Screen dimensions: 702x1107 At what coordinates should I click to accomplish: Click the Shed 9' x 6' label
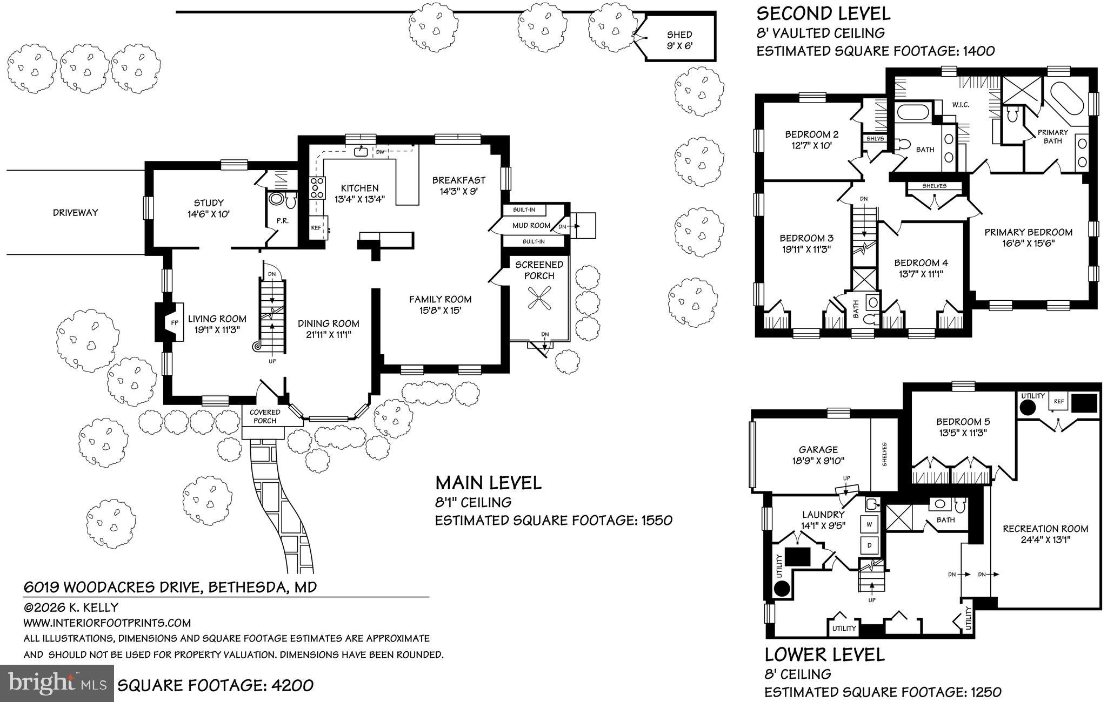pos(679,40)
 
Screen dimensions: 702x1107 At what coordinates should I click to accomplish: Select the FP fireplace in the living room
pos(174,322)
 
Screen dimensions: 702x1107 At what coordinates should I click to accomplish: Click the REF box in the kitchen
pos(316,228)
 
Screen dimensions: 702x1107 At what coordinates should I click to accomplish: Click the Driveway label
pos(76,212)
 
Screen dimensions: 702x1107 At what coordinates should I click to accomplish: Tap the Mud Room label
pos(531,225)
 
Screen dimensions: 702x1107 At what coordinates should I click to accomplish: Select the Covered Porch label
pos(265,416)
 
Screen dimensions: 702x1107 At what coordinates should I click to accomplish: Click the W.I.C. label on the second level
pos(961,104)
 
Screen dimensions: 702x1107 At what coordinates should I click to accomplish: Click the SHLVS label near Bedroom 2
pos(875,139)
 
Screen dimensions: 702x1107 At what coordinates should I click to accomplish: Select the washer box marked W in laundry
pos(870,524)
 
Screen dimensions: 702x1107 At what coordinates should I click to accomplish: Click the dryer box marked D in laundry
pos(870,545)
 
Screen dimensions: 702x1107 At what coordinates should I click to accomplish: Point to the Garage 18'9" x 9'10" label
pos(818,455)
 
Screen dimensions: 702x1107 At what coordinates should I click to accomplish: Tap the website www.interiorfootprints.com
pos(107,623)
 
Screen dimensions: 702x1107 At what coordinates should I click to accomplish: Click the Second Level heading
pos(823,13)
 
